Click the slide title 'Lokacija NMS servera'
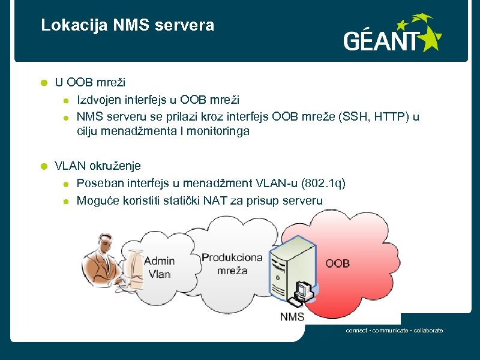[127, 25]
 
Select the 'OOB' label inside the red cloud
[338, 263]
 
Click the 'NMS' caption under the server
[292, 317]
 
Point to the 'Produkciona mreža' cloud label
[232, 264]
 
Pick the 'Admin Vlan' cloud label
[160, 268]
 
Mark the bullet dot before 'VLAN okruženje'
[43, 166]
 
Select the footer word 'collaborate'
[428, 331]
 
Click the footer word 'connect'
[356, 331]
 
